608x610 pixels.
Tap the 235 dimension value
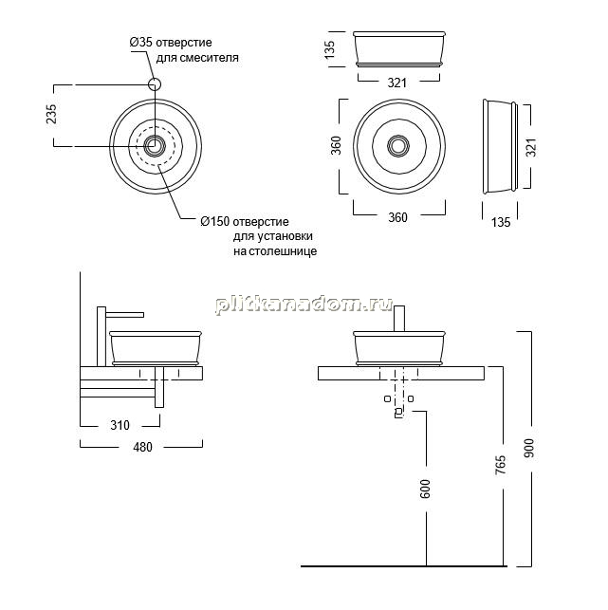[x=51, y=114]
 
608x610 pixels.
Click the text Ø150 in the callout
[x=214, y=222]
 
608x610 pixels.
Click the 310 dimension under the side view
[x=120, y=425]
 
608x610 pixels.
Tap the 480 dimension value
[x=143, y=447]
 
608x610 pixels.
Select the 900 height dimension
[x=530, y=448]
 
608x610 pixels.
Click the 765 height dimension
[x=501, y=465]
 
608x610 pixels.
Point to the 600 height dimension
[x=425, y=489]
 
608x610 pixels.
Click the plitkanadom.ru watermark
[x=304, y=305]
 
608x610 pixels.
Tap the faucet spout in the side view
[x=125, y=314]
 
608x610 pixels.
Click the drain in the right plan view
[x=397, y=146]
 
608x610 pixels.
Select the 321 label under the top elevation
[x=397, y=83]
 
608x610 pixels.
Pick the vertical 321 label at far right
[x=531, y=147]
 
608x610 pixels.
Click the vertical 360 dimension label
[x=336, y=145]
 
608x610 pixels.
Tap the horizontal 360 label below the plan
[x=398, y=217]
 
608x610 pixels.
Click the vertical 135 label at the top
[x=329, y=49]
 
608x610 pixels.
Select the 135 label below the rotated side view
[x=501, y=222]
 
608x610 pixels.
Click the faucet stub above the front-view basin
[x=399, y=319]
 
